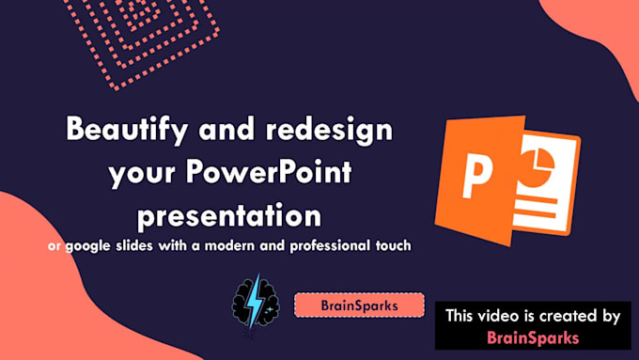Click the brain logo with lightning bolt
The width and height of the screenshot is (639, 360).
pyautogui.click(x=254, y=304)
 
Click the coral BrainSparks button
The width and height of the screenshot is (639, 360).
pyautogui.click(x=358, y=305)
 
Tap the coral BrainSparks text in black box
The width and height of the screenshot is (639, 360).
pyautogui.click(x=532, y=336)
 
